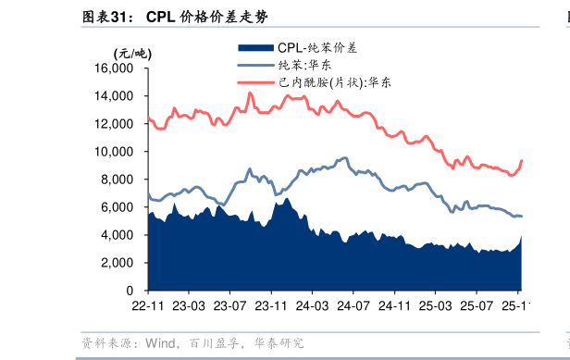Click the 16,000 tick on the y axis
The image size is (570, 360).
[121, 68]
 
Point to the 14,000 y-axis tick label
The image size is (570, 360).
[121, 96]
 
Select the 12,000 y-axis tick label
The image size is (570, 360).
[121, 124]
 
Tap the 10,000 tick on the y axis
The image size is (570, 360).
[121, 152]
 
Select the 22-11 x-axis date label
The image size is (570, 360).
[148, 304]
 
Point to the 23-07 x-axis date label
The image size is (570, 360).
[230, 304]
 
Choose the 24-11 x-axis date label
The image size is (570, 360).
[394, 304]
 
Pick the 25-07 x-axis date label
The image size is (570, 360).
[476, 304]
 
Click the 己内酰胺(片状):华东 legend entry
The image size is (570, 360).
[333, 82]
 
